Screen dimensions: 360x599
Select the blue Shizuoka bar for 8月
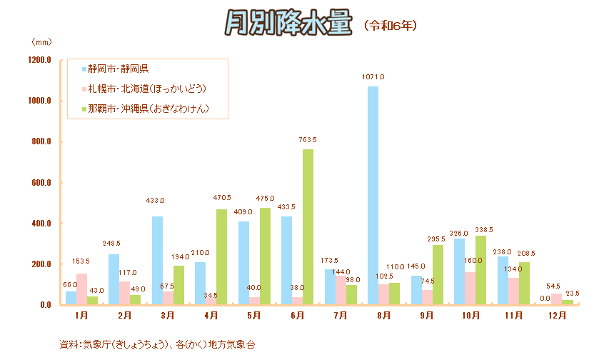[373, 196]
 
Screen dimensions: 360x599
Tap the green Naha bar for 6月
[308, 227]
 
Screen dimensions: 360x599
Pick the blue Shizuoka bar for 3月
[157, 261]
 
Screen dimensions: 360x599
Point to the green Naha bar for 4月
[221, 257]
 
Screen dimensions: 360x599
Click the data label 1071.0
[373, 76]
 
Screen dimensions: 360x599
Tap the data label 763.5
[308, 139]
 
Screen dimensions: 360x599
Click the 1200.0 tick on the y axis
[39, 60]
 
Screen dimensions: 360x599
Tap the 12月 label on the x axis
[557, 315]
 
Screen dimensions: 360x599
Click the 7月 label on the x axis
[341, 315]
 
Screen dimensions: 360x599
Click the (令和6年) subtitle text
[390, 25]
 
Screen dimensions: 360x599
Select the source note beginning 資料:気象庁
[157, 344]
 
